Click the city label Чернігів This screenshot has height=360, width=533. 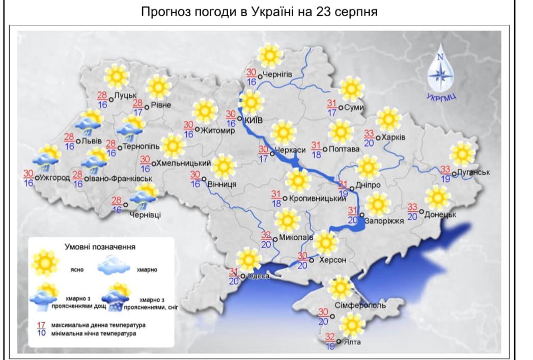coord(278,75)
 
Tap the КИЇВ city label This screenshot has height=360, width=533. coord(254,120)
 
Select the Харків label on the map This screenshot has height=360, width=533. coord(393,137)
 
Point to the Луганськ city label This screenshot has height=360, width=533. coord(473,173)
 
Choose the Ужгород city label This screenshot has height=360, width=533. coord(52,178)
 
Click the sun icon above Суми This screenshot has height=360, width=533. coord(351,89)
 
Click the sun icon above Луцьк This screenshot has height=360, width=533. coord(117,76)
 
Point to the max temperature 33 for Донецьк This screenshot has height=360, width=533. coord(412,207)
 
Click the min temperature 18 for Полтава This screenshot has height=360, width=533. coord(316,154)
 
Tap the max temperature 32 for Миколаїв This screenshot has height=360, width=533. coord(266,235)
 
